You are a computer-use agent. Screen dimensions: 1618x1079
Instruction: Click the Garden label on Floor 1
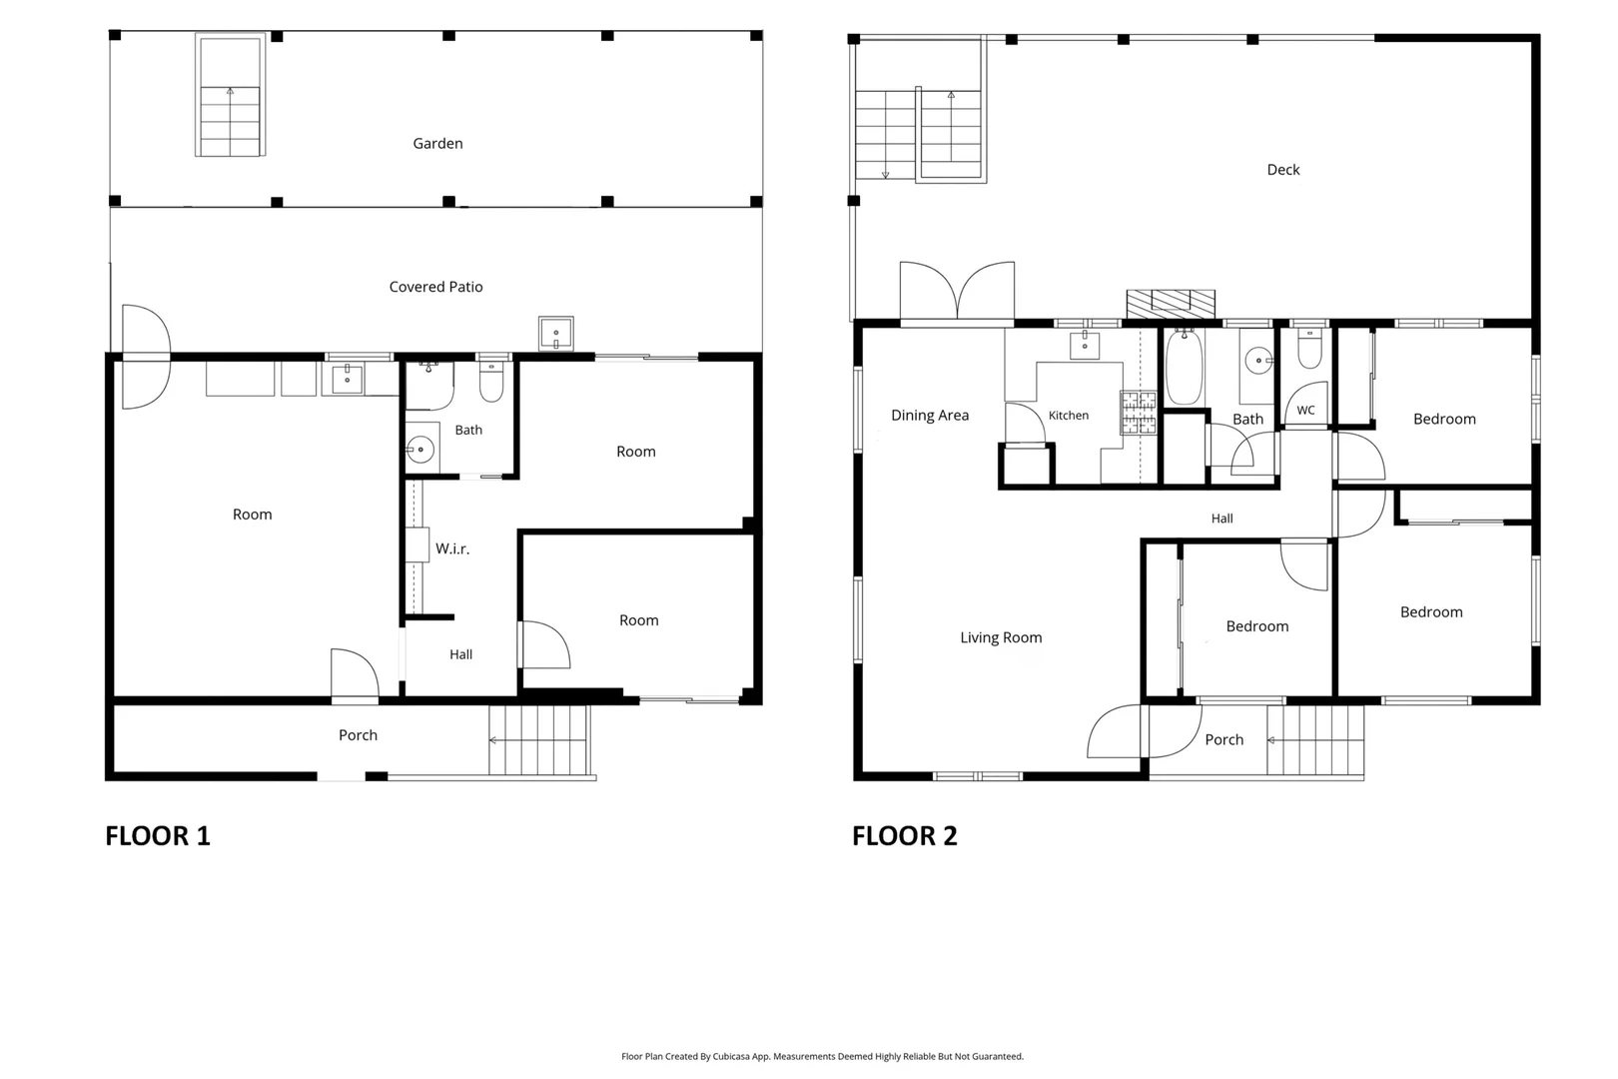click(x=437, y=143)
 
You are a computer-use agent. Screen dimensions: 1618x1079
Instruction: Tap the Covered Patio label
click(x=435, y=286)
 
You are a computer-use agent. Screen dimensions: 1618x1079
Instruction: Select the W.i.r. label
click(x=452, y=548)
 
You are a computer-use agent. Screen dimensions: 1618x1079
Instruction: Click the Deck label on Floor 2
click(x=1282, y=169)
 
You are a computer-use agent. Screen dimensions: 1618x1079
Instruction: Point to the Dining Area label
click(x=930, y=415)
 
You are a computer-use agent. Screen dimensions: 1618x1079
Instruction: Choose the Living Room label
click(x=1001, y=637)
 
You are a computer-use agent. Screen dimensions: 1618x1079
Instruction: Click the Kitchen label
click(x=1069, y=415)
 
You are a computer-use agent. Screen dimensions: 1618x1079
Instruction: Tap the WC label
click(x=1305, y=410)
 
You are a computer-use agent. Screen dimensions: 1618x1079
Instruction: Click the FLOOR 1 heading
click(x=158, y=835)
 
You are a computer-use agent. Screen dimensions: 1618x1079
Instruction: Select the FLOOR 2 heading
click(x=904, y=835)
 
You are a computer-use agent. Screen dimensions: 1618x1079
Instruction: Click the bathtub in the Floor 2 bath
click(x=1184, y=367)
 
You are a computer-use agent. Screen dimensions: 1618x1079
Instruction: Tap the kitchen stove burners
click(x=1139, y=413)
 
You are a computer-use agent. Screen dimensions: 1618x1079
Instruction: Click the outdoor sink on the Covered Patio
click(x=556, y=333)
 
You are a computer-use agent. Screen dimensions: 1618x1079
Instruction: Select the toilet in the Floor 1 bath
click(x=491, y=381)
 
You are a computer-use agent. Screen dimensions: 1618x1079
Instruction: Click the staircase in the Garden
click(x=230, y=95)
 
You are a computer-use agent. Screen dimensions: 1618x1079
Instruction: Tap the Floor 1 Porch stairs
click(x=539, y=740)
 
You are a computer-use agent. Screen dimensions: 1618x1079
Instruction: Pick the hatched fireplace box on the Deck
click(x=1171, y=305)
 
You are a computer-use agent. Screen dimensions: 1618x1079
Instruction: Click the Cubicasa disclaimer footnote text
click(x=822, y=1056)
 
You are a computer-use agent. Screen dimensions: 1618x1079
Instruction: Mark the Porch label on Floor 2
click(x=1223, y=739)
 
